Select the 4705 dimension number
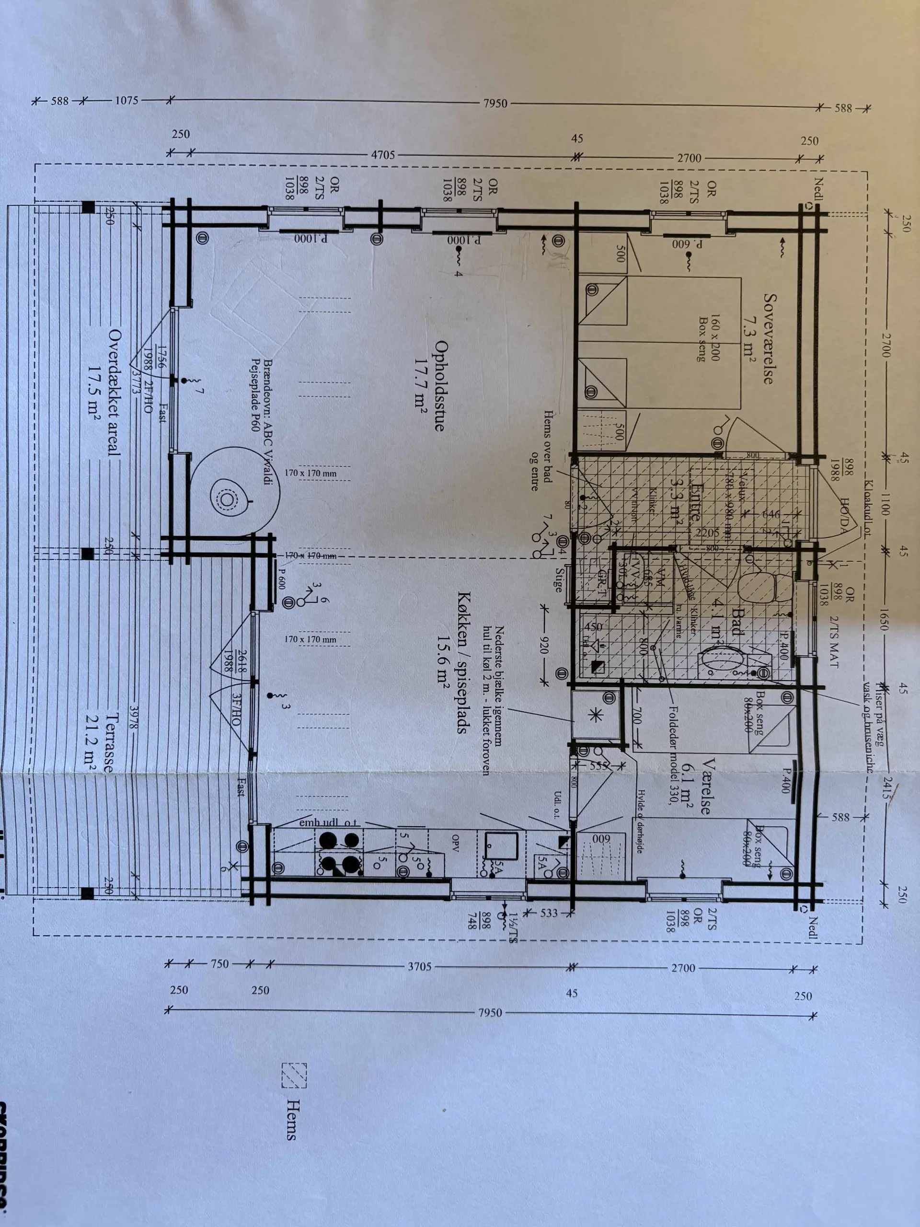pyautogui.click(x=383, y=155)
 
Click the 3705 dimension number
pyautogui.click(x=419, y=966)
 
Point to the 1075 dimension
pyautogui.click(x=126, y=101)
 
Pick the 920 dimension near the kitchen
pyautogui.click(x=546, y=646)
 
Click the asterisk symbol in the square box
pyautogui.click(x=597, y=715)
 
